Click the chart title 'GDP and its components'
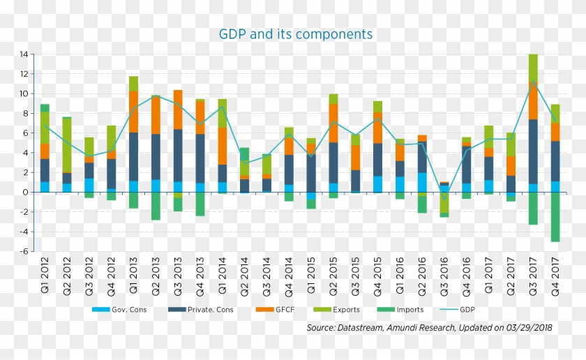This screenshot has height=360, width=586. (x=296, y=34)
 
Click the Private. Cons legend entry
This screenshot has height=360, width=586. (x=202, y=309)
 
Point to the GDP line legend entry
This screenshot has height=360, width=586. (x=469, y=309)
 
